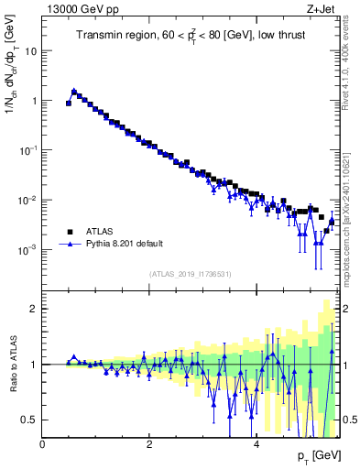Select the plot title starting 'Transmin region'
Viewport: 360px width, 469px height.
coord(191,36)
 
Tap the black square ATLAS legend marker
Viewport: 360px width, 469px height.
coord(70,232)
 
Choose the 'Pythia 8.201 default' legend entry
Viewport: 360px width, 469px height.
coord(129,245)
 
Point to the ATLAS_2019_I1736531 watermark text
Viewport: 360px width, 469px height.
coord(191,274)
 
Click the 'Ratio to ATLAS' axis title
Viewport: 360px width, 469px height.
coord(13,364)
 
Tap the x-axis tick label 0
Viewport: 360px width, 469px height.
coord(42,444)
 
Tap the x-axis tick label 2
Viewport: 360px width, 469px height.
coord(149,444)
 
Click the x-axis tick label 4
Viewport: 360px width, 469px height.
coord(256,444)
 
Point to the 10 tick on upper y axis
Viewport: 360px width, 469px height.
coord(30,51)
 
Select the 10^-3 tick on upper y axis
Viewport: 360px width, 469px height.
coord(27,249)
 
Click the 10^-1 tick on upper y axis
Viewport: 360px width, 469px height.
coord(27,150)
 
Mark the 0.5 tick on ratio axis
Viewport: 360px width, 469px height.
coord(30,420)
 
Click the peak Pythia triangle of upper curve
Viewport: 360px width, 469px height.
coord(74,91)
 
